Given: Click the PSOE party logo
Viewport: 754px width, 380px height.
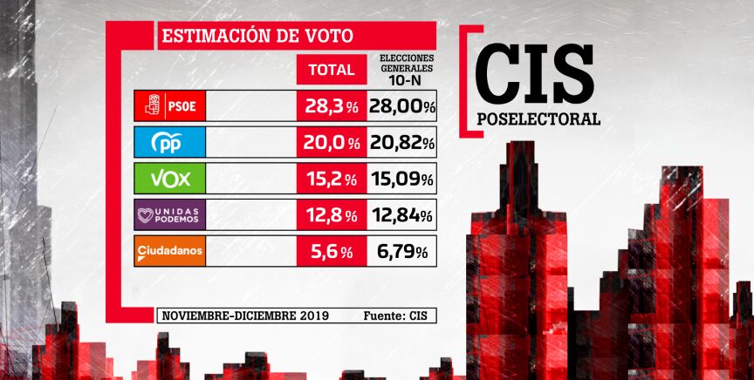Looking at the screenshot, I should pos(169,106).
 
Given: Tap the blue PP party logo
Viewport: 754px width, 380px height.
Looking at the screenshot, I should pos(169,142).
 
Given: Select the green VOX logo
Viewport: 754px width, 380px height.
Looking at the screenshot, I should pos(169,179).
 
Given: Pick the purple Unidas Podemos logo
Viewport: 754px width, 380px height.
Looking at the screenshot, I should pos(169,215).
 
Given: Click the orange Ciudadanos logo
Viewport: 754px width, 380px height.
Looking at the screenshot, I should pos(169,252).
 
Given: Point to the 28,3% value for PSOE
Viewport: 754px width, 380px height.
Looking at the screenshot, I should pos(331,106).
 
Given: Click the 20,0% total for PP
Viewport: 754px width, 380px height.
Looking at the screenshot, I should pos(331,143).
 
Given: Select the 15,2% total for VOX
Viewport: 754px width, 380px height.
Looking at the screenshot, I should pos(331,180).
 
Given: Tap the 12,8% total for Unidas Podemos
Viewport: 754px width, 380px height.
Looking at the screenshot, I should pos(331,215).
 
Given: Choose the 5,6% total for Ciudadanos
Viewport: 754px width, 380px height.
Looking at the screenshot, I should pos(331,252).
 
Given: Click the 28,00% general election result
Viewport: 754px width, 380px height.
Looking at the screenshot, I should pos(402,106).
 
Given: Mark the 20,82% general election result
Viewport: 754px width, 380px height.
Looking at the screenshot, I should pos(402,143).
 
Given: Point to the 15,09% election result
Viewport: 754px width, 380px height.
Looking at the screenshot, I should pos(402,180).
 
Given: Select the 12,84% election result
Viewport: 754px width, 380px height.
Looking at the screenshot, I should pos(402,215).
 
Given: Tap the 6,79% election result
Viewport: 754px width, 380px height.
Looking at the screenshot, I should pos(402,252).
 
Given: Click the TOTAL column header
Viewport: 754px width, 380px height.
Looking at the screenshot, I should pos(332,70).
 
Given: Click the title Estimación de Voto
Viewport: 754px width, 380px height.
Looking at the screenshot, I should pos(257,36).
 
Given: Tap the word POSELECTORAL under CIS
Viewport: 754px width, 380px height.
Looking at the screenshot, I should pos(538,119).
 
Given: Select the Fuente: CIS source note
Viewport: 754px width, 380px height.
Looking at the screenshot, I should pos(396,316).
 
